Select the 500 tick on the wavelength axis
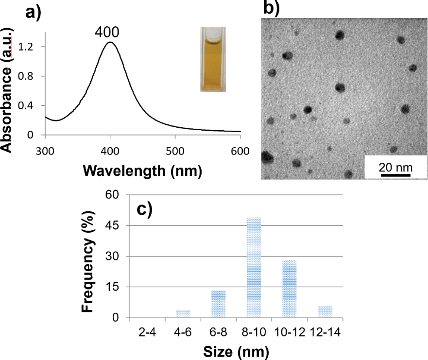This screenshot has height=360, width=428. pyautogui.click(x=175, y=151)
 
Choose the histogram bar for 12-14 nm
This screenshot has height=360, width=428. pyautogui.click(x=325, y=312)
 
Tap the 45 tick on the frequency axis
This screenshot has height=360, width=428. pyautogui.click(x=118, y=226)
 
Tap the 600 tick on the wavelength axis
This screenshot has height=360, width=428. pyautogui.click(x=240, y=151)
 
